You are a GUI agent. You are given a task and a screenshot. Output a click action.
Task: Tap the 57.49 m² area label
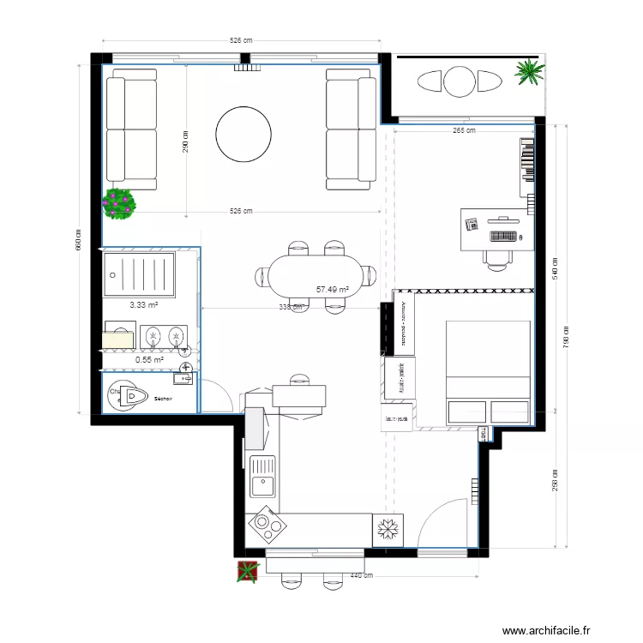point(332,290)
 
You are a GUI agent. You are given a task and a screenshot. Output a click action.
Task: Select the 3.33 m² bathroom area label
point(143,304)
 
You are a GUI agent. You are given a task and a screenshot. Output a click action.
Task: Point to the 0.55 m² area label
point(149,360)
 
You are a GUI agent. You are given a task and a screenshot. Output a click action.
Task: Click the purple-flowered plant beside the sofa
point(119,204)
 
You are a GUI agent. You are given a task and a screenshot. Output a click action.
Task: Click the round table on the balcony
point(459,82)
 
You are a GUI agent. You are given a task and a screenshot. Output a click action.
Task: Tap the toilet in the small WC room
point(131,395)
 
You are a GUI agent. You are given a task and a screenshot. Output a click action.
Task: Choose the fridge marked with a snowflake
point(388,530)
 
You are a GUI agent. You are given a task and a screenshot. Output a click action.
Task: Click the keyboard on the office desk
point(504,235)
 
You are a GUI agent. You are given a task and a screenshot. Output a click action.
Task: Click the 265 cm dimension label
point(464,130)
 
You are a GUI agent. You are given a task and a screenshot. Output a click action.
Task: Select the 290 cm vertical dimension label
point(185,141)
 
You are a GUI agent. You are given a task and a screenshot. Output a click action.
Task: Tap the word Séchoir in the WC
point(164,399)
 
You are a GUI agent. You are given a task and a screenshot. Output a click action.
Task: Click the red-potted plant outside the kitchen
point(248,571)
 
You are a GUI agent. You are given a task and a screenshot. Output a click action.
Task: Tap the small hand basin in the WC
point(185,377)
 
